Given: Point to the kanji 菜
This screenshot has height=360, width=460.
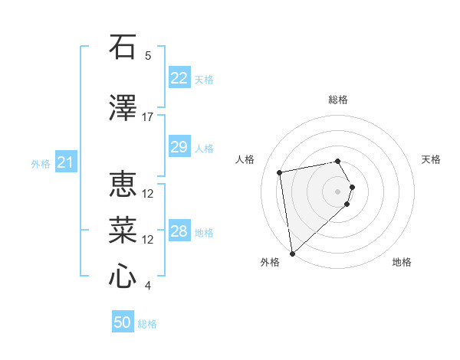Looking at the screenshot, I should coord(123,231).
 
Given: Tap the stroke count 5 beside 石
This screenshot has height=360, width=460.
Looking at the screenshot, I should coord(148,56).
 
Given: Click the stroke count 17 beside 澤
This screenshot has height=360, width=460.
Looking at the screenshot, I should coord(148,117).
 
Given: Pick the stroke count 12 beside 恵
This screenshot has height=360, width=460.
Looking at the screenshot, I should coord(148,194).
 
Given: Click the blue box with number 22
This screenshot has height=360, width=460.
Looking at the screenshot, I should coord(179,78).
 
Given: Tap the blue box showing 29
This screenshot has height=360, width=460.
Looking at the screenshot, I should coord(179,147).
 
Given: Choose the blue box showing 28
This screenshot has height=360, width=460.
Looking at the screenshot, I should coord(179,231).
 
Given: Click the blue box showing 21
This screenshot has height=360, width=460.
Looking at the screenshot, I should coord(66,162).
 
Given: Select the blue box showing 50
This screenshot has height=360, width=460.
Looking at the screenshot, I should coord(123,322).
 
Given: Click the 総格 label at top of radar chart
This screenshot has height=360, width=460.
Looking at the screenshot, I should coord(338,100).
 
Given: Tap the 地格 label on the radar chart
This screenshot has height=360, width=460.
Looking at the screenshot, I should coord(402,263).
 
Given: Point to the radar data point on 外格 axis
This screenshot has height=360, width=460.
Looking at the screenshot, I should coord(291,254).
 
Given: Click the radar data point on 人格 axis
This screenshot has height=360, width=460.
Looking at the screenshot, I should coord(280,172).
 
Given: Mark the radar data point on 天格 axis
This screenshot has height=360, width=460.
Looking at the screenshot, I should coord(352,187).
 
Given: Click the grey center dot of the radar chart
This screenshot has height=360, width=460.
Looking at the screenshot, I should coord(338,191).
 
